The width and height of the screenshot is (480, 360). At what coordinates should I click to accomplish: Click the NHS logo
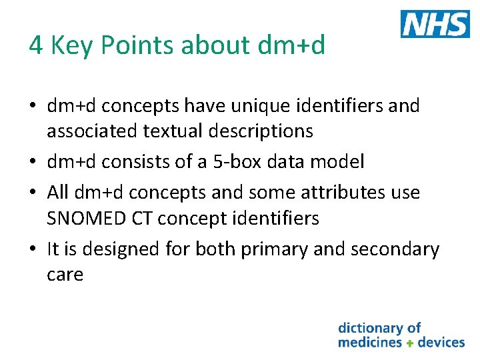435,24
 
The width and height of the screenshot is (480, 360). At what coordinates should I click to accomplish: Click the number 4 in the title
35,45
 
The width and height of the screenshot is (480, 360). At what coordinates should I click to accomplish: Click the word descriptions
262,131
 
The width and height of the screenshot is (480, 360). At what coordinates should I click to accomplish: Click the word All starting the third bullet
59,193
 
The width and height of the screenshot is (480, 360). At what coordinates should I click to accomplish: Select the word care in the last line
65,275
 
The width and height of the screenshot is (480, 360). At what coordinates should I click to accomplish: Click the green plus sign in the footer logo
410,343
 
